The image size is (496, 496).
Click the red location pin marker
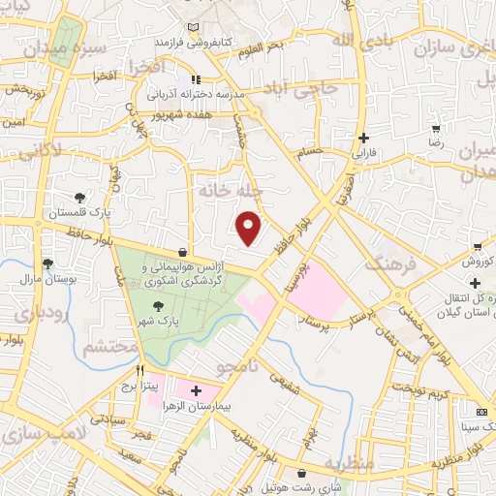[x=250, y=227]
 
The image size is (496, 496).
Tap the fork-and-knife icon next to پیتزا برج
[x=141, y=369]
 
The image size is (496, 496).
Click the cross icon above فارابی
[x=363, y=138]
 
